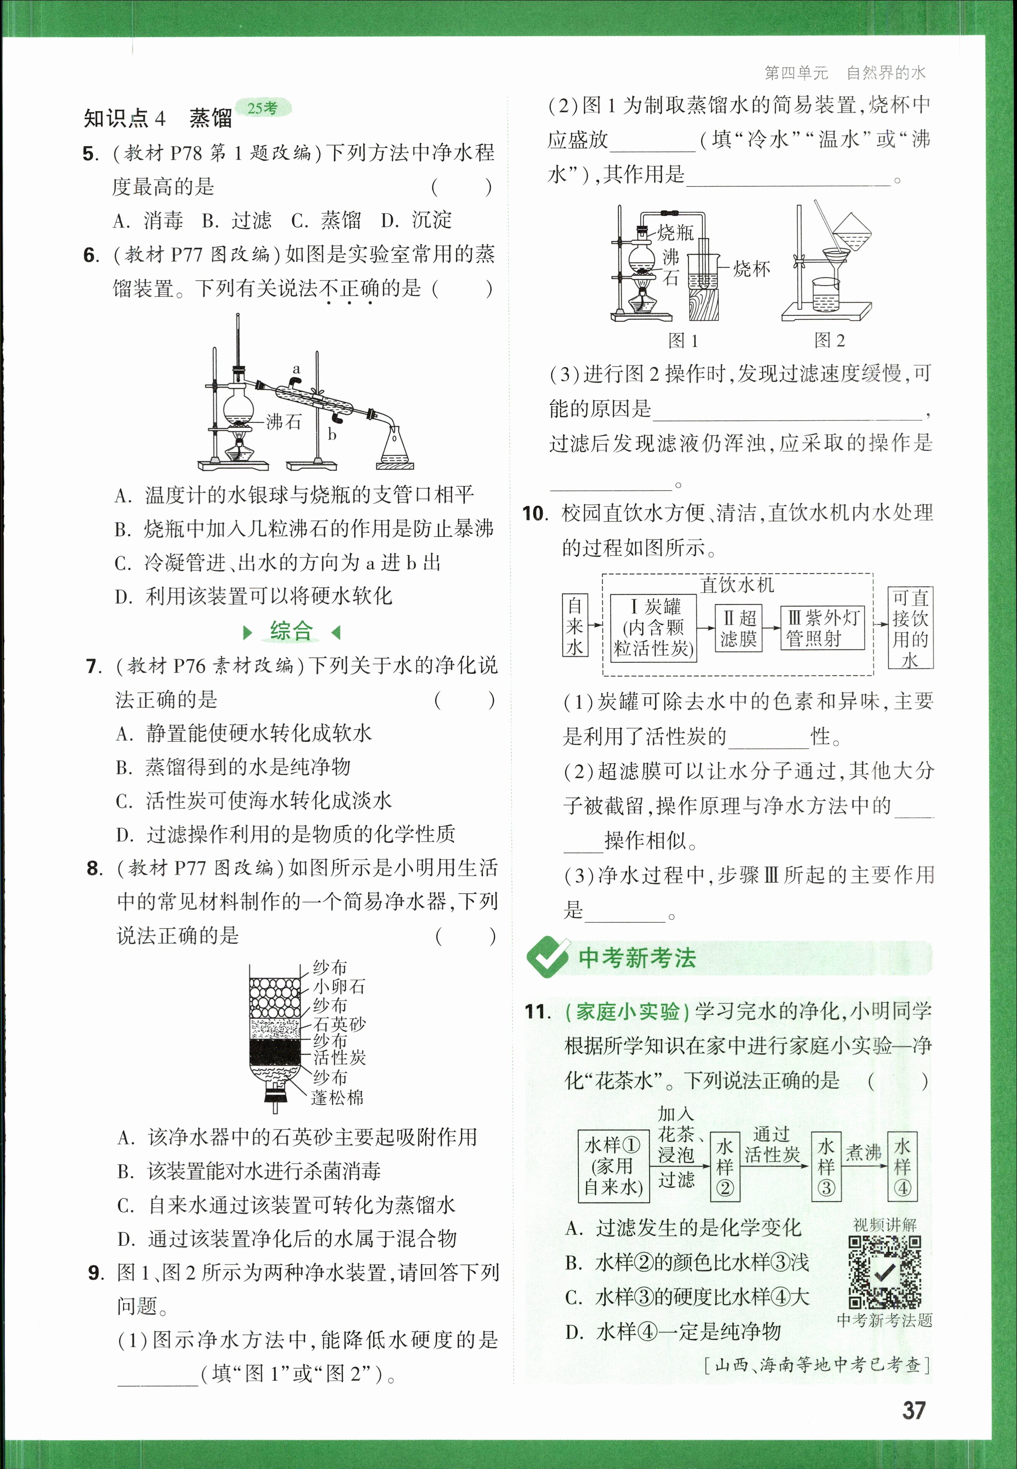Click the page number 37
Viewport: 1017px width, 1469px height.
pos(913,1410)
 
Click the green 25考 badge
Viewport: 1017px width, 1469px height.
pos(263,108)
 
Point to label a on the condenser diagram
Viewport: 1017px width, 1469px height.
pos(296,369)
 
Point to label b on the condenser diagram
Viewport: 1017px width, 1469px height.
pos(332,435)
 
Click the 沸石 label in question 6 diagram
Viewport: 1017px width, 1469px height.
pos(284,422)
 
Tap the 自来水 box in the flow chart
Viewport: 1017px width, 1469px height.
pos(575,626)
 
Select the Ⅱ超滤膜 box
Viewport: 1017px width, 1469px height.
pos(738,628)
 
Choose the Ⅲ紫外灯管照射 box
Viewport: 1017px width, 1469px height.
pos(822,628)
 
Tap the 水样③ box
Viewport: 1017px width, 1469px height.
pos(826,1167)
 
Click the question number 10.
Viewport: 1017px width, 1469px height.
pos(535,514)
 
